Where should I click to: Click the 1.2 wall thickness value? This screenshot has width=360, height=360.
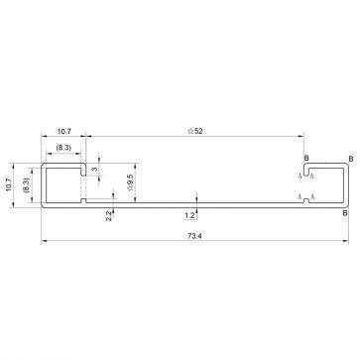click(x=189, y=214)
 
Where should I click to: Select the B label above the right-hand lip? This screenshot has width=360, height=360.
click(x=306, y=159)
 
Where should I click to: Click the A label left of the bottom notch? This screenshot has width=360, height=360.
click(x=300, y=199)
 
